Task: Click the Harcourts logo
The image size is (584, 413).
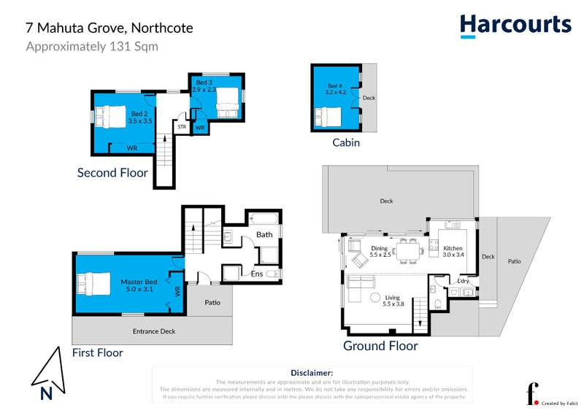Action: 515,26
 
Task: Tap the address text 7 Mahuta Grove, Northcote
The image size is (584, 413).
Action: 110,29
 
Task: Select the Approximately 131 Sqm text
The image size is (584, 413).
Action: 92,47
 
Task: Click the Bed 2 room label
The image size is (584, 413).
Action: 139,117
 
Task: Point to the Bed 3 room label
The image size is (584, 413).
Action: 205,86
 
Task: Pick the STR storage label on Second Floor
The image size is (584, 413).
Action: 181,127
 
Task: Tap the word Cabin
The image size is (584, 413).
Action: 345,142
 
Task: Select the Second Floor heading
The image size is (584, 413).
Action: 112,173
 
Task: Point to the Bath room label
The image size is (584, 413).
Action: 264,235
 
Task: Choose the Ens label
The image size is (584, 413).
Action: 258,274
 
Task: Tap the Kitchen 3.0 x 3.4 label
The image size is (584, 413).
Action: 453,252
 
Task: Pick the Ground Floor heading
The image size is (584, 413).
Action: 380,346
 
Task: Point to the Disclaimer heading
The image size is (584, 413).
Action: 312,372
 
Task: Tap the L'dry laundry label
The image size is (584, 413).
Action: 463,282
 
